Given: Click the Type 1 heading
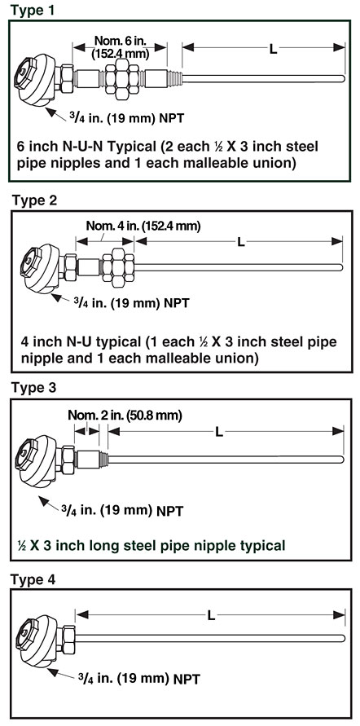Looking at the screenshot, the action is [33, 10].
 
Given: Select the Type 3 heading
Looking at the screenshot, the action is [33, 388].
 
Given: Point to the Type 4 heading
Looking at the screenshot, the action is [33, 579].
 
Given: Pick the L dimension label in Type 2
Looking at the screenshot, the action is [240, 242].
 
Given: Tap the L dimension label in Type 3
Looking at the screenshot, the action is [219, 432].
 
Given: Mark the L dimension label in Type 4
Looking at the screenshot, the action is [211, 615].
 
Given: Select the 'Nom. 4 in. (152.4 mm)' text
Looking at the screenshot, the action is [143, 227].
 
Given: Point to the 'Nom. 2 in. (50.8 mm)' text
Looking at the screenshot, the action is [125, 415].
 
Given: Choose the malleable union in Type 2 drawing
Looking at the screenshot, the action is [118, 267].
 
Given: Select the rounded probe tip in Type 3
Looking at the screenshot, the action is [341, 460].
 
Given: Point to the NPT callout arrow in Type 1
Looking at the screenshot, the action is [56, 114].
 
